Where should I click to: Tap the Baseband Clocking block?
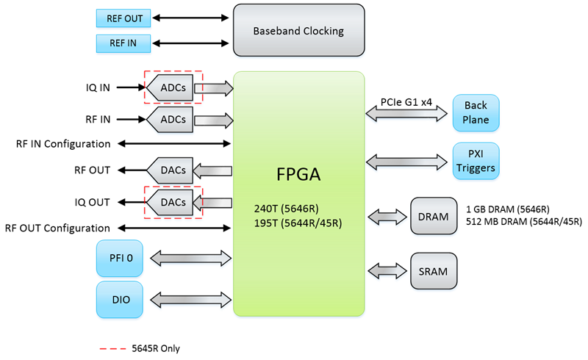tap(298, 31)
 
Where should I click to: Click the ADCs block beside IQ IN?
tap(171, 88)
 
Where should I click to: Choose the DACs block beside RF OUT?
tap(171, 170)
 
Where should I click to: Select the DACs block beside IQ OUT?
tap(171, 200)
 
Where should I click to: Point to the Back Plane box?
tap(476, 113)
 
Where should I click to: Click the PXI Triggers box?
tap(476, 161)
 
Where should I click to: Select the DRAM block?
tap(434, 216)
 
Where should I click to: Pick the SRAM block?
tap(434, 270)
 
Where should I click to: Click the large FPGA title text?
tap(298, 176)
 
